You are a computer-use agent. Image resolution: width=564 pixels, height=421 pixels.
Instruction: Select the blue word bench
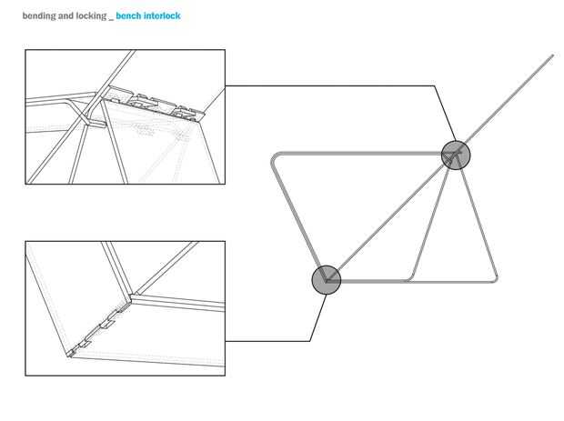[x=128, y=15]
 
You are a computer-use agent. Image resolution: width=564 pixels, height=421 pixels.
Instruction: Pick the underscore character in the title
[x=111, y=20]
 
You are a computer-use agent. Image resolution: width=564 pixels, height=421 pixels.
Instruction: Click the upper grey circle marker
[x=456, y=155]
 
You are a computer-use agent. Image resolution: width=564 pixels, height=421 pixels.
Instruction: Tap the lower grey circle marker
[x=327, y=280]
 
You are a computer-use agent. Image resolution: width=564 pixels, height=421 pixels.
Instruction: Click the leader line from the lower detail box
[x=309, y=341]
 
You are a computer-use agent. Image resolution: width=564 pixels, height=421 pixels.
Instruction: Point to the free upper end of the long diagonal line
[x=553, y=55]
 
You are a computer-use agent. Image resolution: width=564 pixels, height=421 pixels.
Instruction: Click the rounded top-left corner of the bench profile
[x=276, y=157]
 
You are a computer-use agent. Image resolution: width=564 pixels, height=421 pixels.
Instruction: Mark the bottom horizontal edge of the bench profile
[x=415, y=281]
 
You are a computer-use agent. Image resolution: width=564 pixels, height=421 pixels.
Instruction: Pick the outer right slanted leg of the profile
[x=478, y=220]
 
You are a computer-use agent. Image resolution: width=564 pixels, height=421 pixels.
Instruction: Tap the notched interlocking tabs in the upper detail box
[x=154, y=103]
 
